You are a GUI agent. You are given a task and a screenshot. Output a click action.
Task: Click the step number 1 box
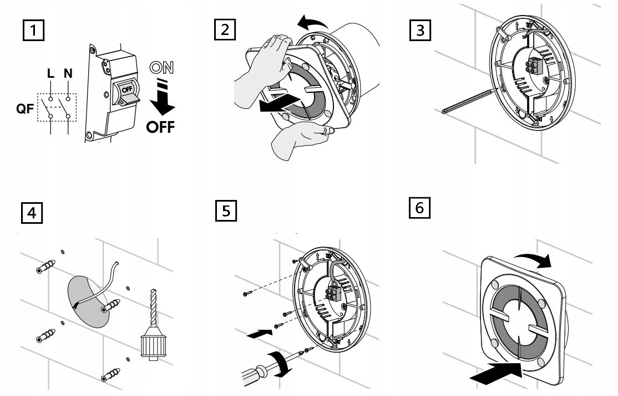pos(33,30)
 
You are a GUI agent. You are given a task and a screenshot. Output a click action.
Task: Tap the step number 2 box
pos(225,29)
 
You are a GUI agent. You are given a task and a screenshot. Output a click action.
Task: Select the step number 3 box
pos(420,30)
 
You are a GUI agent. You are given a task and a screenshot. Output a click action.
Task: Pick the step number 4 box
pos(32,213)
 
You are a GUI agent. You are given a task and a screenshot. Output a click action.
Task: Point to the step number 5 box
pos(226,210)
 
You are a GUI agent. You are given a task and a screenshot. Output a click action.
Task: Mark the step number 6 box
pos(419,208)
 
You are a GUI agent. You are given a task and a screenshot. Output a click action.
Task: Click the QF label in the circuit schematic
pos(25,108)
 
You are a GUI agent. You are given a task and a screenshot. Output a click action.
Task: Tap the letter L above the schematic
pos(50,73)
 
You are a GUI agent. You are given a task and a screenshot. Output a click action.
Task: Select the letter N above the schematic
pos(68,73)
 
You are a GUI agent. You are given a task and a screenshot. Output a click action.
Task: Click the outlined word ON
pos(161,68)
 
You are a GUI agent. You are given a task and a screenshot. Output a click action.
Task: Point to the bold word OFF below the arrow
pos(160,127)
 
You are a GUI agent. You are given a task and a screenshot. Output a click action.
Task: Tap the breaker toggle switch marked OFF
pos(127,93)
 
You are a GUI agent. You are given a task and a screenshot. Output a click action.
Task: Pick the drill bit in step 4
pos(153,308)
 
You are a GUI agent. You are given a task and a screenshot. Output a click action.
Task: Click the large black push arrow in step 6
pos(497,372)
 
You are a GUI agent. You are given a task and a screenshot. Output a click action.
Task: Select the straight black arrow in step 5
pos(259,334)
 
